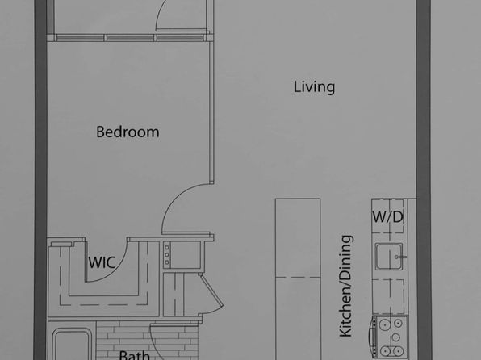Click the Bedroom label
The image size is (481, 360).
coord(128,132)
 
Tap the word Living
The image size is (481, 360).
coord(314,87)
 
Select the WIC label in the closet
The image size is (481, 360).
coord(102,262)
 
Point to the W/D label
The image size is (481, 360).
coord(387,217)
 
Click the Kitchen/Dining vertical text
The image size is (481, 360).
coord(346,286)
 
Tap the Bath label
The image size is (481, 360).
coord(134,355)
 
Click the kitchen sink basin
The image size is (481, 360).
coord(389,257)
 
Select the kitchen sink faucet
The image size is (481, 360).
coord(400,257)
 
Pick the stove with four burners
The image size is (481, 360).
coord(390,337)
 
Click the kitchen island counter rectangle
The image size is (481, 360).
coord(298,279)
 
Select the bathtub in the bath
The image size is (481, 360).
coord(73,345)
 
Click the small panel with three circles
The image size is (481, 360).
coord(167,254)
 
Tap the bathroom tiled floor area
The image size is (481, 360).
coord(147,337)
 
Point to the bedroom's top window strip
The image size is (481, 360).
coord(130,37)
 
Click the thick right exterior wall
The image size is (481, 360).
coord(424,180)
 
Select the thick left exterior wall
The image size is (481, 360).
coord(40,180)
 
